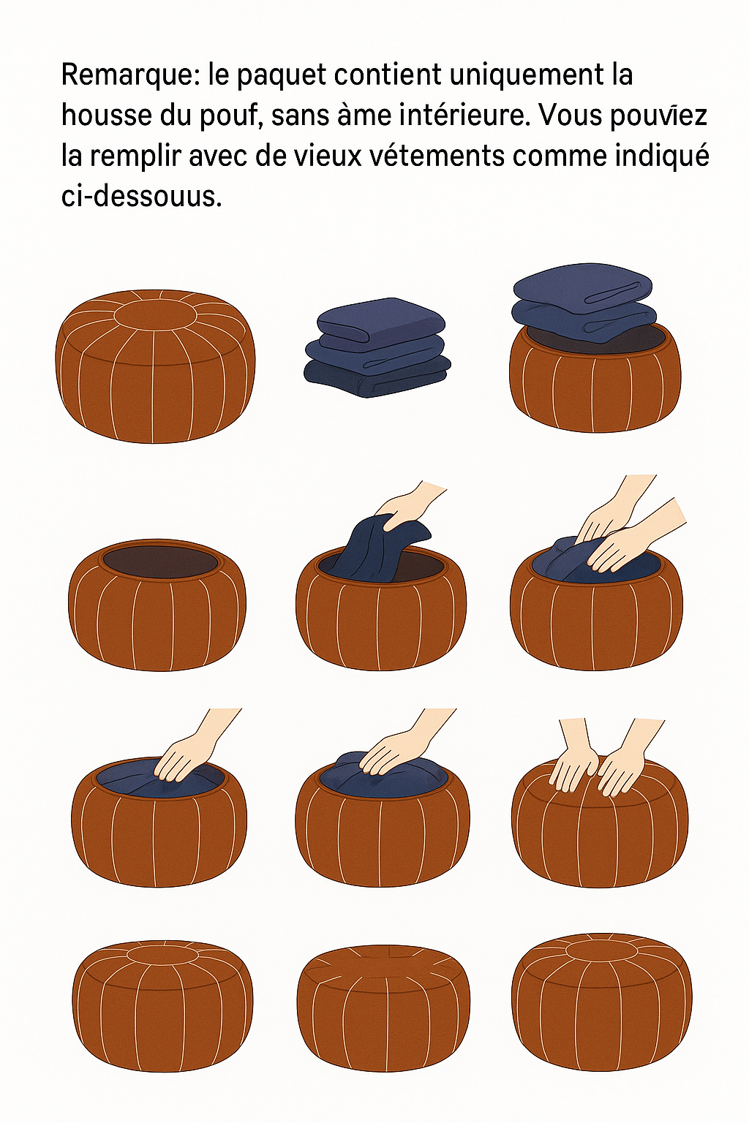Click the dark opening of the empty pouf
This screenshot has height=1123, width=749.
pos(160,564)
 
